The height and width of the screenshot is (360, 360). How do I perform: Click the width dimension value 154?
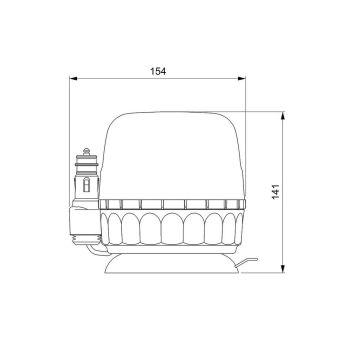click(x=157, y=71)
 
